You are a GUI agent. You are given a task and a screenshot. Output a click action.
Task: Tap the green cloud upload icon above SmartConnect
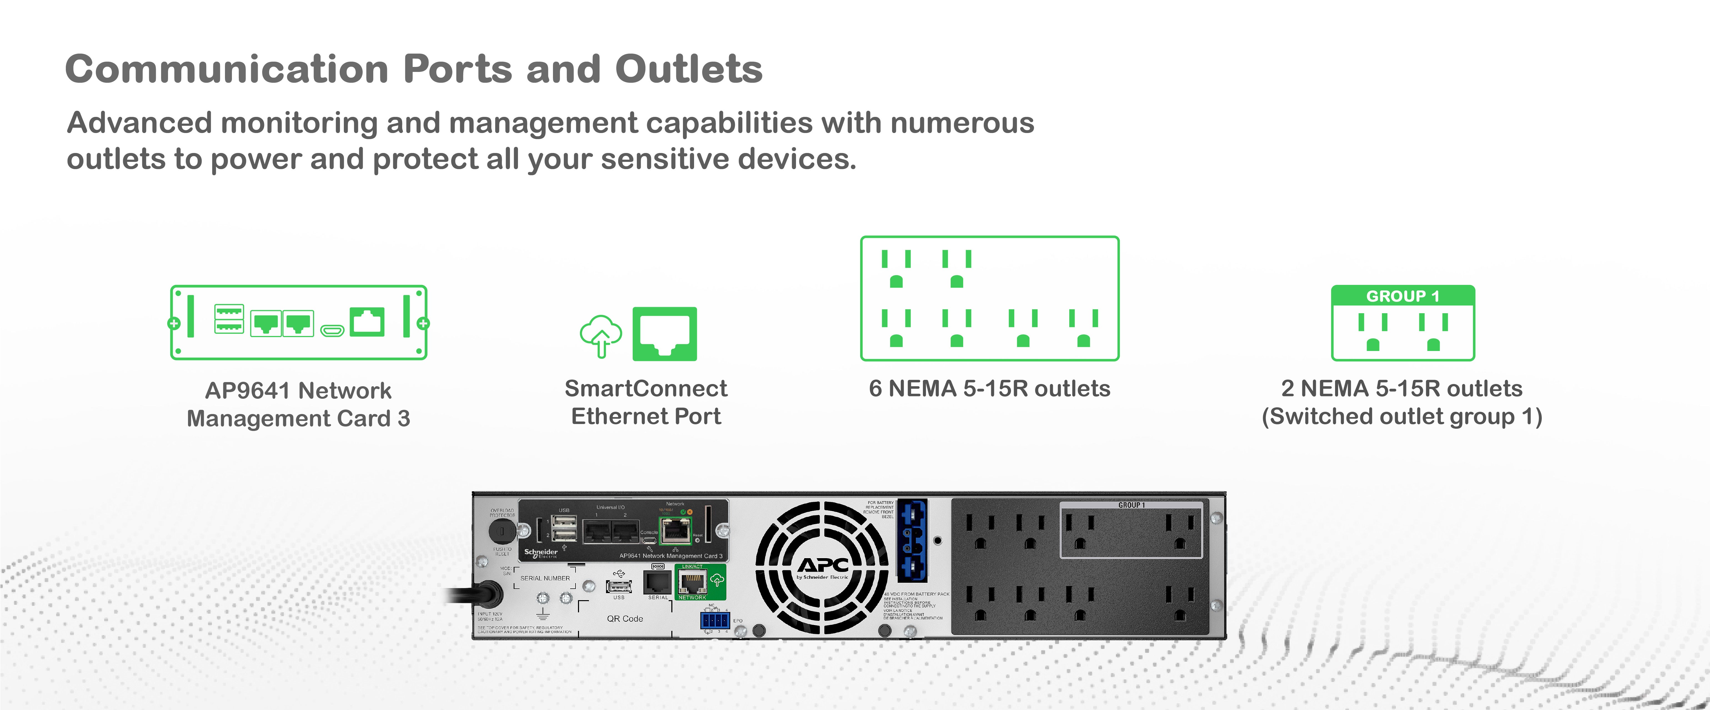(x=601, y=335)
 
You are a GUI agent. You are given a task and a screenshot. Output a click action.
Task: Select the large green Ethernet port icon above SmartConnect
(x=665, y=334)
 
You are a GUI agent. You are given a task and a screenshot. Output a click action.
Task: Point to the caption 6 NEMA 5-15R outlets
(x=989, y=388)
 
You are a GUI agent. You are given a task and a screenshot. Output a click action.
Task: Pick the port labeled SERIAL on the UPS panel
(x=657, y=582)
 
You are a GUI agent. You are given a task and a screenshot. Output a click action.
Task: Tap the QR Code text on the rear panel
(x=625, y=618)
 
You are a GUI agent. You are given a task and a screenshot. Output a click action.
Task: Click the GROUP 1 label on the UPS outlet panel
(x=1131, y=505)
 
